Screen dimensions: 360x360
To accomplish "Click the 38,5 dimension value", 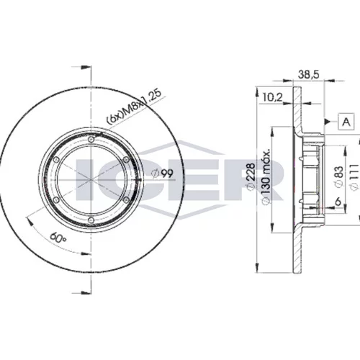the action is click(x=309, y=74).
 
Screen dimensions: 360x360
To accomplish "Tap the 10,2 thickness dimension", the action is click(x=272, y=97).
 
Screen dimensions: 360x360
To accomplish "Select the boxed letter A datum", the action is click(x=346, y=122).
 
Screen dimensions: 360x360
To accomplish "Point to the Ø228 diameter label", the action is click(x=251, y=177).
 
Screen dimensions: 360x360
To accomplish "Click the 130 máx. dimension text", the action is click(x=266, y=176).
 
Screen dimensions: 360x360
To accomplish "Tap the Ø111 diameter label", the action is click(x=354, y=177).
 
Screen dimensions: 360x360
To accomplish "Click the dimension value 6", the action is click(x=338, y=202).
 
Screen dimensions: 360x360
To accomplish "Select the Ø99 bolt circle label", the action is click(x=163, y=174).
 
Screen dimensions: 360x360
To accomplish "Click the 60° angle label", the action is click(x=58, y=238).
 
